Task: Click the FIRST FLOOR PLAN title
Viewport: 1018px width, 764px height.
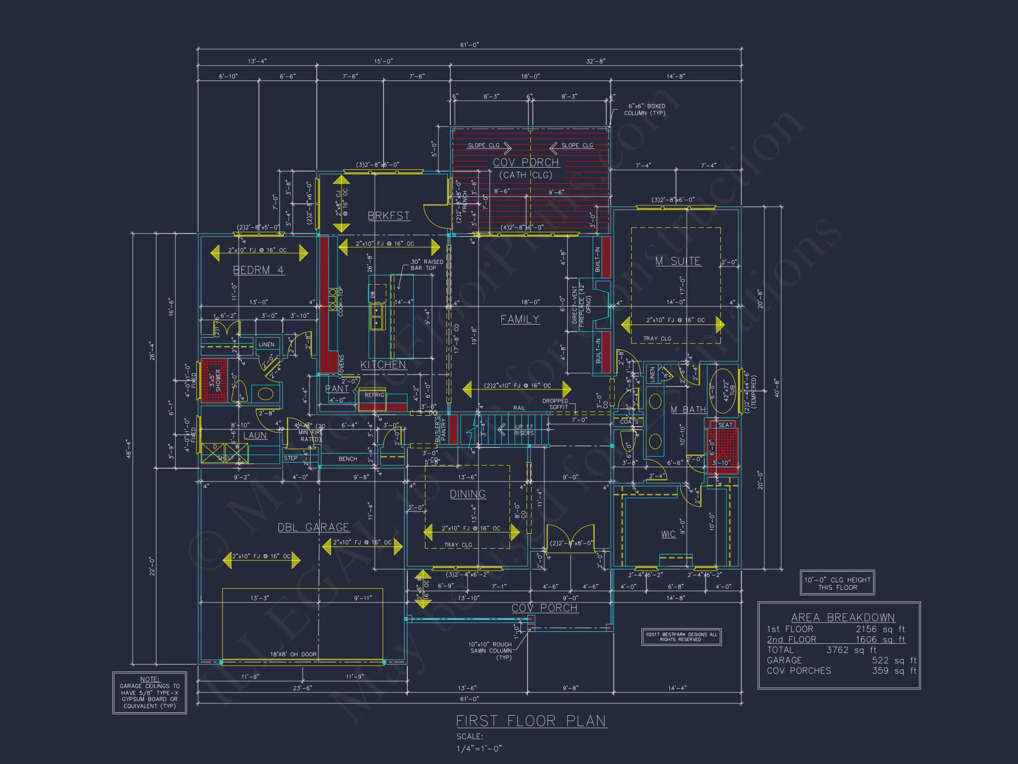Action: coord(531,721)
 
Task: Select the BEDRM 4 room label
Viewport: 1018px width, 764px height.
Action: coord(258,270)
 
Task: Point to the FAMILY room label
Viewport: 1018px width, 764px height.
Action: coord(520,319)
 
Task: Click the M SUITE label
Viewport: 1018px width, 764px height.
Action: coord(678,261)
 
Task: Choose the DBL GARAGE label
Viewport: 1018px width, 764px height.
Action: coord(313,527)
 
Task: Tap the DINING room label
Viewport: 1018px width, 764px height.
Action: coord(467,494)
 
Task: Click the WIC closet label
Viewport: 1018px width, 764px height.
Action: coord(668,534)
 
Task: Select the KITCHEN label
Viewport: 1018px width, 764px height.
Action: coord(383,365)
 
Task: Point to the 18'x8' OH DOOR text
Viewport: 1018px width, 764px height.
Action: coord(293,654)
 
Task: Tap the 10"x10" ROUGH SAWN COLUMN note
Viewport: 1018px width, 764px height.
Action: coord(490,651)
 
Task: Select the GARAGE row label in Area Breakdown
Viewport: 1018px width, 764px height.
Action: coord(784,661)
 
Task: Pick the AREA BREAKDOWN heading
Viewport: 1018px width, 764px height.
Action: coord(843,618)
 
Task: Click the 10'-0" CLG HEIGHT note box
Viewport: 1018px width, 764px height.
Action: coord(837,584)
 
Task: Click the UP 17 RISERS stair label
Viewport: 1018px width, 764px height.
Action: coord(524,430)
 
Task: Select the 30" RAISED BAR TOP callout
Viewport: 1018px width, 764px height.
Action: coord(427,265)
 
